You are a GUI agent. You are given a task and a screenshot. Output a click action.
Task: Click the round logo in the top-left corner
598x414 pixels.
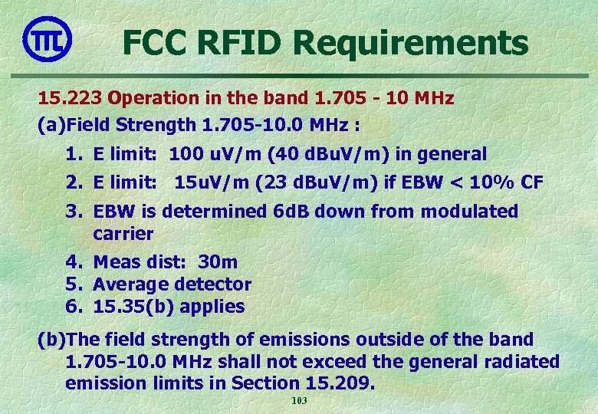(x=48, y=38)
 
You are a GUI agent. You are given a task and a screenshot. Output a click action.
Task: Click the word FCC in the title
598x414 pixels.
(x=156, y=43)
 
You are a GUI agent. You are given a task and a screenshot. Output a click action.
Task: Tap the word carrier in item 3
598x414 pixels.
(x=123, y=233)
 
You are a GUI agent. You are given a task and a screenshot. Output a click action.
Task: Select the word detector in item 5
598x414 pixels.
(x=212, y=284)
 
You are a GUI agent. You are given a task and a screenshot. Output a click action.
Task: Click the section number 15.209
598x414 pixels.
(x=343, y=383)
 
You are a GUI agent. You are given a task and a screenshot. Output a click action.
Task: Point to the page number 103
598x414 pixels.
(x=299, y=402)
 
